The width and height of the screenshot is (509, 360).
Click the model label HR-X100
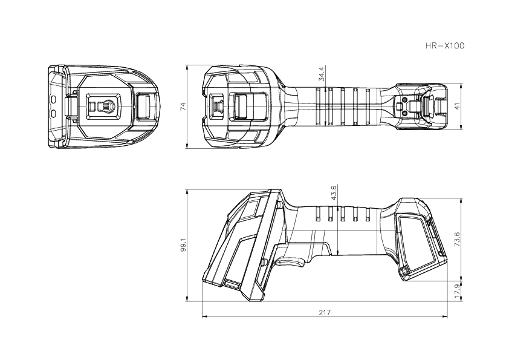coord(446,45)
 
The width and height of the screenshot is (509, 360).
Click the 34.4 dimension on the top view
coord(322,74)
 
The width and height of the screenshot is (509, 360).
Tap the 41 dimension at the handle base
coord(457,106)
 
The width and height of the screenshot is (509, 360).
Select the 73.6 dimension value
coord(457,239)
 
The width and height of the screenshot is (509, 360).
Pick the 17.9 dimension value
coord(457,291)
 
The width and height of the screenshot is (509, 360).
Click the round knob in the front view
coord(106,106)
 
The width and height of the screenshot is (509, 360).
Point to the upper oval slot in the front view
coord(53,98)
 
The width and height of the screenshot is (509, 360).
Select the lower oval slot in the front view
coord(53,113)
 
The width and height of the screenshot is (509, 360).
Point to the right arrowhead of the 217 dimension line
coord(446,316)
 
